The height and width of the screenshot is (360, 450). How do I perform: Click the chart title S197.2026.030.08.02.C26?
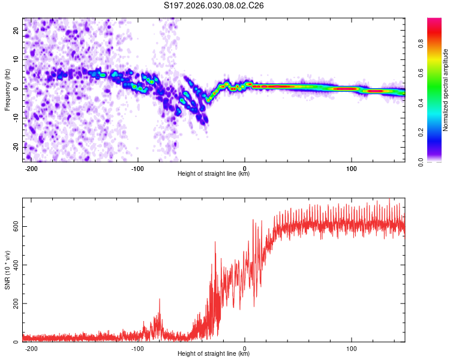pyautogui.click(x=214, y=5)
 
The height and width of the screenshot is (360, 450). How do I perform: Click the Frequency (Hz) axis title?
pyautogui.click(x=7, y=89)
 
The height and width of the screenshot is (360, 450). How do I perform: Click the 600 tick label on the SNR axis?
pyautogui.click(x=14, y=226)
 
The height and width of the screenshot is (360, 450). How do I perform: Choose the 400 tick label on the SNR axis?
pyautogui.click(x=14, y=265)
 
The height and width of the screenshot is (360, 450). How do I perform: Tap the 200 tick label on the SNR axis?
pyautogui.click(x=14, y=304)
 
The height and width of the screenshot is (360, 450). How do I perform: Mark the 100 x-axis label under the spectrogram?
pyautogui.click(x=351, y=168)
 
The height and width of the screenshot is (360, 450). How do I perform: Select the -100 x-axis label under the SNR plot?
pyautogui.click(x=138, y=348)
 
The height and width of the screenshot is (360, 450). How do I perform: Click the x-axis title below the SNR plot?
pyautogui.click(x=214, y=355)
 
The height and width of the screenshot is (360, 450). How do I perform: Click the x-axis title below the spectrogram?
pyautogui.click(x=214, y=175)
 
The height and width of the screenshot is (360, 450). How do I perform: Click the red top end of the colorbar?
pyautogui.click(x=434, y=20)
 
